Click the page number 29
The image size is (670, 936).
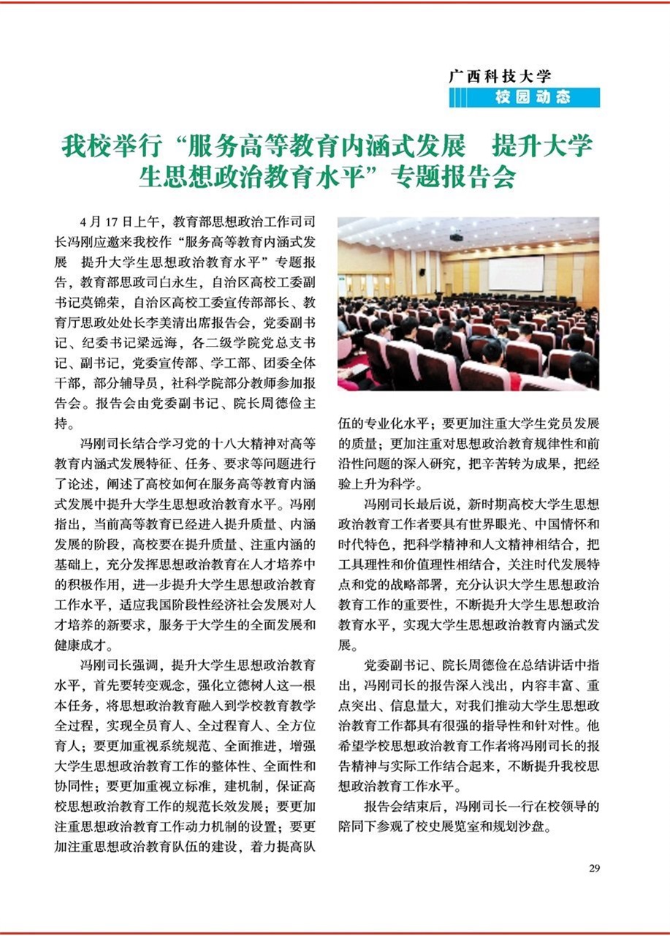(x=594, y=868)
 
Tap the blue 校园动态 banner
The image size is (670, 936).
(x=525, y=97)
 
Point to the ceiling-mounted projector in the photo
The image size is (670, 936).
(x=456, y=236)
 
